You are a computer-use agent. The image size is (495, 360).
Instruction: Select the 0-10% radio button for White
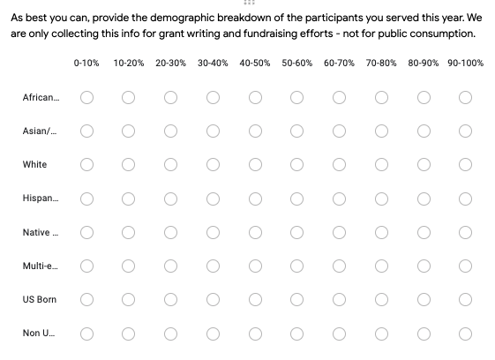pos(86,164)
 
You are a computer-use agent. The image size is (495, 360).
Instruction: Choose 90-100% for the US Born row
pos(465,299)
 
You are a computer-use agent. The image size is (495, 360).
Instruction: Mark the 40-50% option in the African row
pos(255,98)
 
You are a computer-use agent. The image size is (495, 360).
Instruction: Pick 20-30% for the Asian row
pos(170,131)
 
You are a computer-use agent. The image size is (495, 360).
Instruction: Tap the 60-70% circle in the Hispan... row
pos(339,199)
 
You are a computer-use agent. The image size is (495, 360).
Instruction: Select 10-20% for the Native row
pos(128,232)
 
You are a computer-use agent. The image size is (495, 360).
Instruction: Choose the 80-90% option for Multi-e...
pos(424,266)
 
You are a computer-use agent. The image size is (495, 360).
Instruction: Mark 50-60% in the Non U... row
pos(296,334)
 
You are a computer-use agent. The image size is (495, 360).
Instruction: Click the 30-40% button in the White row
pos(213,164)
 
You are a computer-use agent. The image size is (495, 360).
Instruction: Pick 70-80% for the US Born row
pos(381,299)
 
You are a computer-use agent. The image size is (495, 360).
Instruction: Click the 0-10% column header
pos(86,64)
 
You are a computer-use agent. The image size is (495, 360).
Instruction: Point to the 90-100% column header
pos(465,64)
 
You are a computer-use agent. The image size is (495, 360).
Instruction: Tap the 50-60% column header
pos(296,64)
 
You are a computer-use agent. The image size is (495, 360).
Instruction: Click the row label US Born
pos(40,299)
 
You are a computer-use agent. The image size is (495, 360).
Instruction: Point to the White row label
pos(34,164)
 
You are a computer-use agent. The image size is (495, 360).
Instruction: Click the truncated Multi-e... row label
pos(40,266)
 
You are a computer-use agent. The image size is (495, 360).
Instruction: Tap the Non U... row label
pos(39,334)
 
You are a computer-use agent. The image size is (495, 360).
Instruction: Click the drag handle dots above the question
pos(249,3)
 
